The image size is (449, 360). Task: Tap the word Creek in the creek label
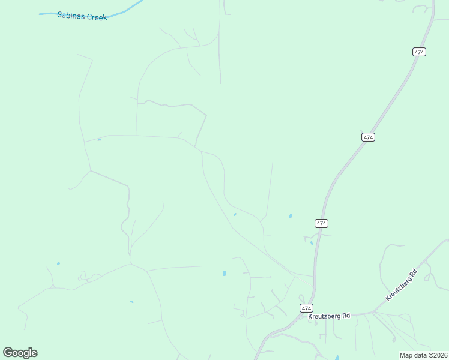(97, 17)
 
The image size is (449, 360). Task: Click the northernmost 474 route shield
(420, 52)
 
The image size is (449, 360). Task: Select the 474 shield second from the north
(369, 137)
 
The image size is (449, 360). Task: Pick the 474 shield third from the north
(321, 223)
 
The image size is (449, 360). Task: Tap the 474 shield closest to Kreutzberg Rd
(306, 308)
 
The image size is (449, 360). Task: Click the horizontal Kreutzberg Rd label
(329, 316)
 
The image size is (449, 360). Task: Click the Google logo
(20, 353)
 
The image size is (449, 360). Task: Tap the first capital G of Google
(8, 352)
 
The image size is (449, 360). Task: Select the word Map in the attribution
(406, 355)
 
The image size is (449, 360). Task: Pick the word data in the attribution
(420, 355)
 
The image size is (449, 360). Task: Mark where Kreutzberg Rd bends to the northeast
(373, 312)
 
